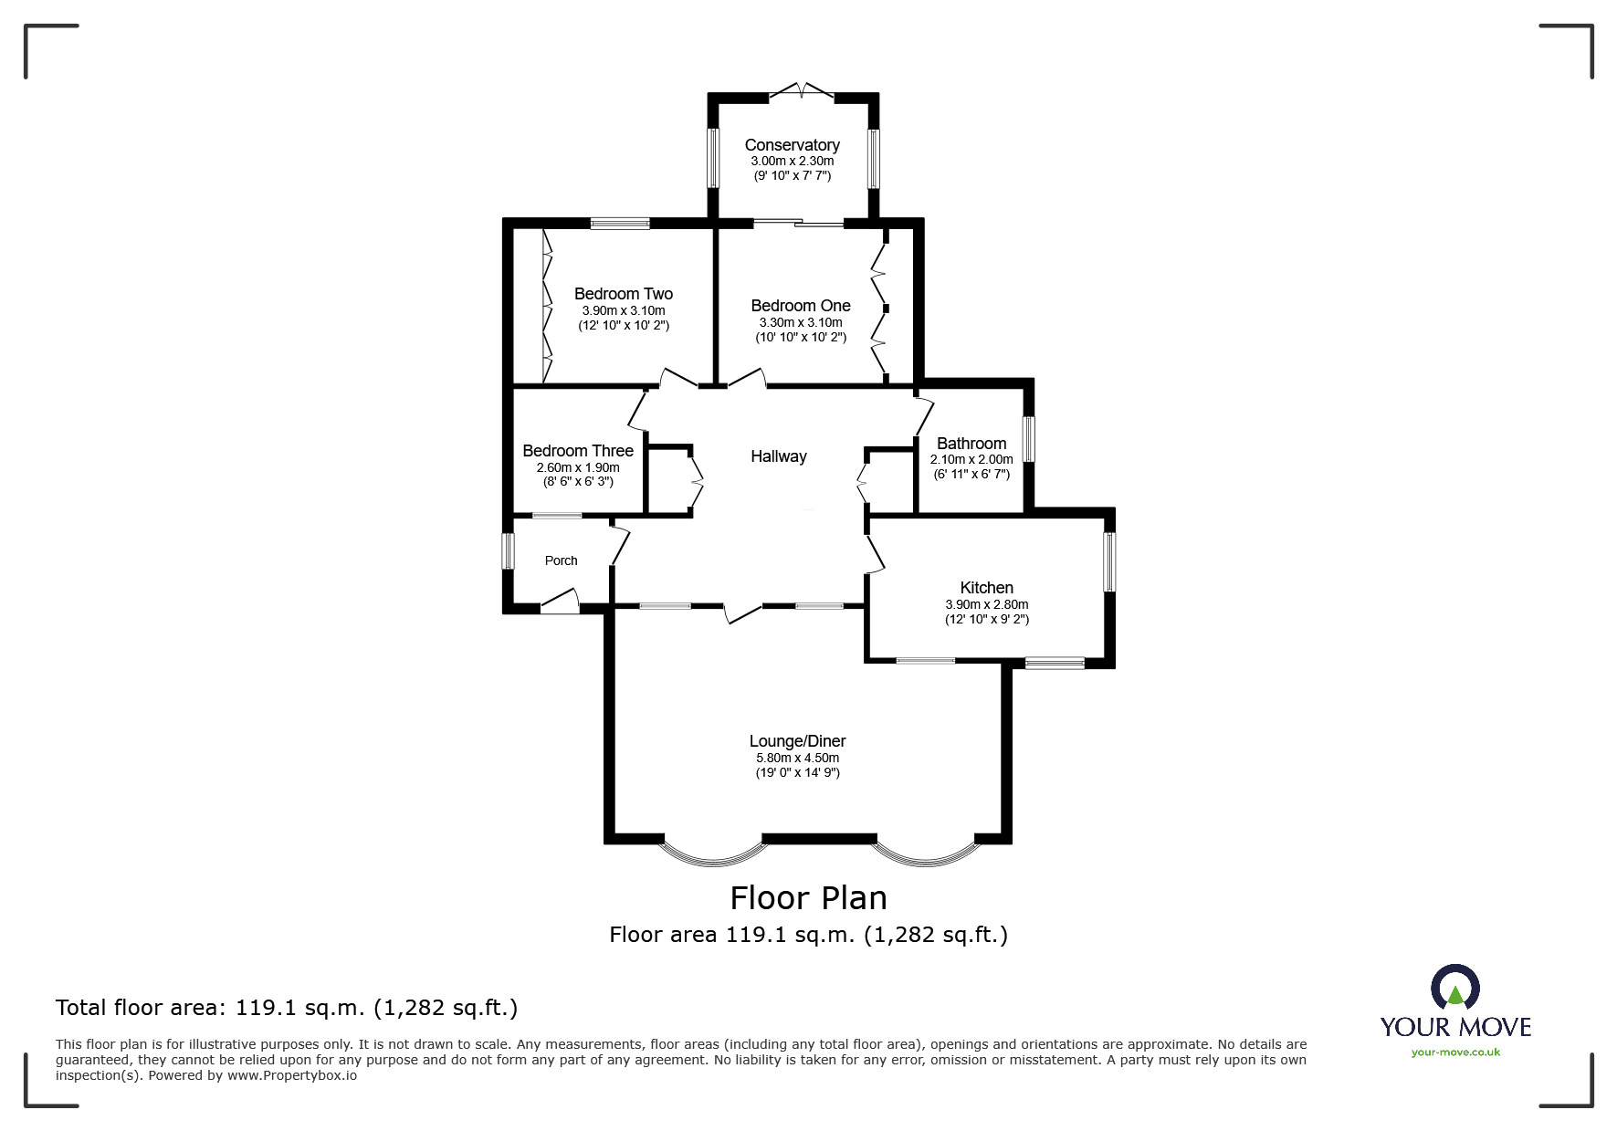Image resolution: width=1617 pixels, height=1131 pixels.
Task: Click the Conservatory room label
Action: coord(792,145)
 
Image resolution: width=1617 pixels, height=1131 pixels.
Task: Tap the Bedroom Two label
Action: coord(624,294)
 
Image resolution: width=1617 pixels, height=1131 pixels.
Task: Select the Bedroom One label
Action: coord(801,306)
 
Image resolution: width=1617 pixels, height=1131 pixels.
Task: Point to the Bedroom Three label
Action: coord(578,451)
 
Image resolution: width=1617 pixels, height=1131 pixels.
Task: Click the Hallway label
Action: coord(779,456)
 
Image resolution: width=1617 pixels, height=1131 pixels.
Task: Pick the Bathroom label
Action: coord(971,444)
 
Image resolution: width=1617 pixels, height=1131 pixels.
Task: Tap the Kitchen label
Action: coord(987,588)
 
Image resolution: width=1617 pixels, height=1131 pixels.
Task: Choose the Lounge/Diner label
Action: coord(798,741)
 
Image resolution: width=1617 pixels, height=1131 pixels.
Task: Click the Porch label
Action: coord(562,560)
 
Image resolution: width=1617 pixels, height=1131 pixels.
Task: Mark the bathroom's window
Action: coord(1028,439)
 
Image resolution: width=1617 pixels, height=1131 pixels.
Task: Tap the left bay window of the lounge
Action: coord(712,853)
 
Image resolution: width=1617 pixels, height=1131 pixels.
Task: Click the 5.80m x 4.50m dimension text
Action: coord(797,758)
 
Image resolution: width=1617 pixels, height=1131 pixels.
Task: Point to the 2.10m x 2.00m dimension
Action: coord(971,459)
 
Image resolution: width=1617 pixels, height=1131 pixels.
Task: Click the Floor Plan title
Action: coord(809,898)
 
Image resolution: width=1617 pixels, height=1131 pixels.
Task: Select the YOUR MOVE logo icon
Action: coord(1455,989)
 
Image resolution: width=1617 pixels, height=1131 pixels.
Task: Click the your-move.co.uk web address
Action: coord(1455,1052)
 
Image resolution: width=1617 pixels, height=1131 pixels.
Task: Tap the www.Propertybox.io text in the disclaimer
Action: coord(292,1075)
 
